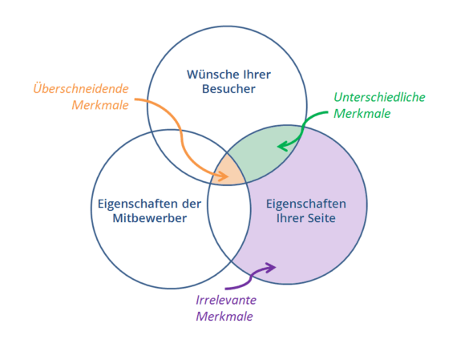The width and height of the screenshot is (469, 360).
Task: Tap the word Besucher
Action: tap(228, 89)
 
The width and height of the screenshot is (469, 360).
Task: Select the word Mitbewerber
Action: tap(150, 218)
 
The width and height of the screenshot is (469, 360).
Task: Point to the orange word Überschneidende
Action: tap(81, 88)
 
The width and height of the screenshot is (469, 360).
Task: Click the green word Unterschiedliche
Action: tap(379, 97)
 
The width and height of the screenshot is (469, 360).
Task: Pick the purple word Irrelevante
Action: tap(226, 300)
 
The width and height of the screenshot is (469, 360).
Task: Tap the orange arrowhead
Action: tap(223, 176)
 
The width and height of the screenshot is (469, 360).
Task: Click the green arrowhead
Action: tap(283, 147)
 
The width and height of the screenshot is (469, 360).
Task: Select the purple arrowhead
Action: tap(271, 267)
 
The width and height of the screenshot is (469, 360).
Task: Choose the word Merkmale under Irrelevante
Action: tap(224, 317)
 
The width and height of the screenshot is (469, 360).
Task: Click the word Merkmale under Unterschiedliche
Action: tap(362, 114)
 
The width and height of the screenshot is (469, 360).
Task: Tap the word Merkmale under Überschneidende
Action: tap(100, 105)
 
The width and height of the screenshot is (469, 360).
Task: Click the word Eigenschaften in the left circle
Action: tap(138, 204)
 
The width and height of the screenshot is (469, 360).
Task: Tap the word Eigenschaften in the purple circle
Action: tap(306, 204)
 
